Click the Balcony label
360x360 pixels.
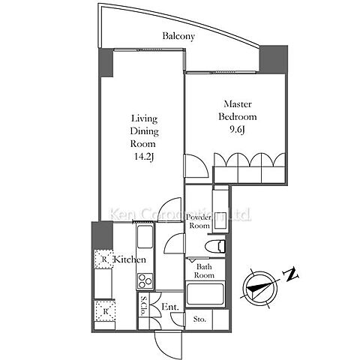pos(178,36)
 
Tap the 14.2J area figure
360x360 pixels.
pos(143,157)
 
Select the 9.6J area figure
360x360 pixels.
pos(237,130)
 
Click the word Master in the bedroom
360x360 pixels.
pos(238,103)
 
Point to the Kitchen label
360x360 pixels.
pos(130,259)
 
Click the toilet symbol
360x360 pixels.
pos(215,246)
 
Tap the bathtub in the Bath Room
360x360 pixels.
pos(205,294)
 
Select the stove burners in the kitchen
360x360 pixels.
pos(145,281)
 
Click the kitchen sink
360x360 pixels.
pos(145,236)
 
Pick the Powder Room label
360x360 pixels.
pos(199,221)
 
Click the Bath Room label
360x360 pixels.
pos(205,271)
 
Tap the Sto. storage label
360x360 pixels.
pos(199,319)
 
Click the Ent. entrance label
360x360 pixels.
pos(170,307)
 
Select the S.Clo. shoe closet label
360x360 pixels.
pos(144,306)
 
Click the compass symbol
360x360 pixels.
pos(260,289)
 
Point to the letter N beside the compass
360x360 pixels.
pos(291,274)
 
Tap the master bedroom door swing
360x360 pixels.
pos(196,166)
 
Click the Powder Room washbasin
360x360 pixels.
pos(220,210)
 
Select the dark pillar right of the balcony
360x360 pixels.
pos(274,59)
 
